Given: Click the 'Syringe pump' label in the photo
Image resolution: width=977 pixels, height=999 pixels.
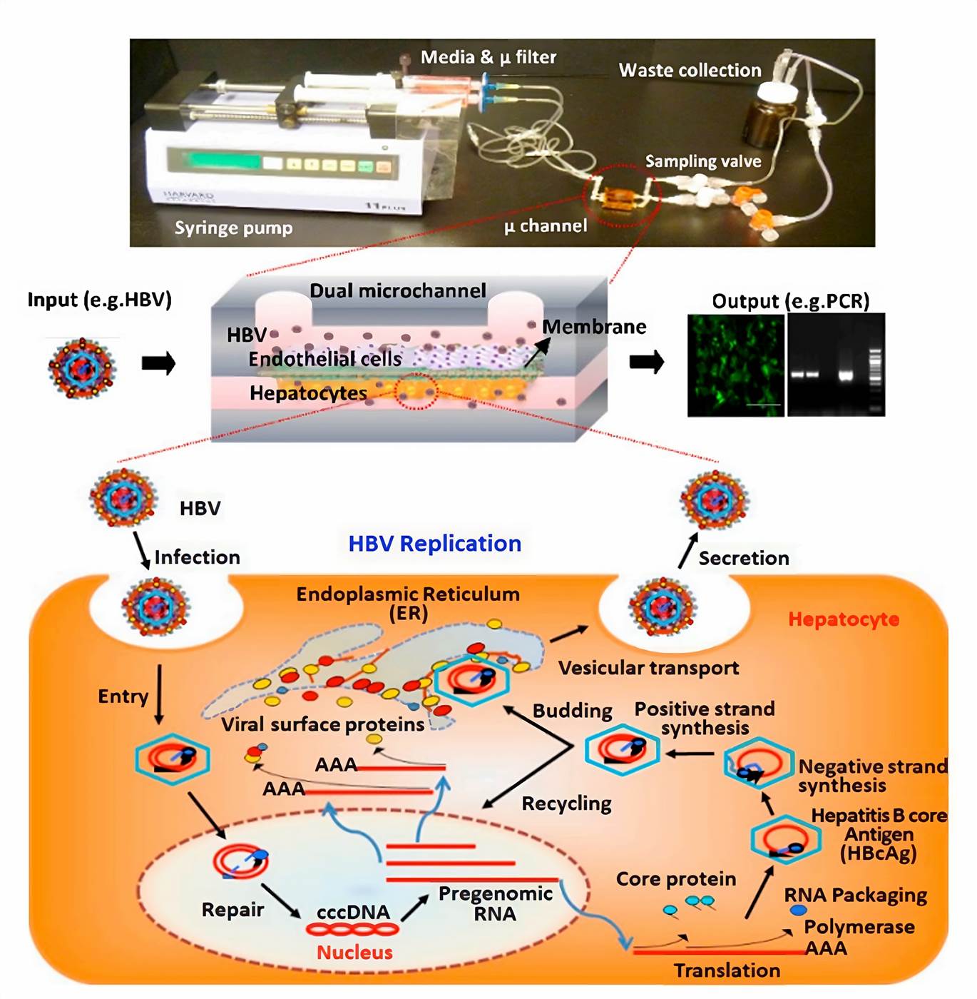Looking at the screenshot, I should (x=233, y=228).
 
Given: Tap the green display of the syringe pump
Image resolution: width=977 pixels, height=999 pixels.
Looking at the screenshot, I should (x=214, y=160).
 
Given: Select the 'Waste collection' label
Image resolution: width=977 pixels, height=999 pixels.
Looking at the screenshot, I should (x=690, y=71).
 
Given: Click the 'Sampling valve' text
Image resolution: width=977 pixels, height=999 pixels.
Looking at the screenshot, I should (x=702, y=162).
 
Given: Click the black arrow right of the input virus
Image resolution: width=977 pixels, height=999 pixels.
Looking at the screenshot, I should (x=158, y=364).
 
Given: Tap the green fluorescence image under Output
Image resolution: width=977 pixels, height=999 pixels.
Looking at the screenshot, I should (x=735, y=365).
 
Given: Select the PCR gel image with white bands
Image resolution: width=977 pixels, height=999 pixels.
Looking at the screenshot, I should (x=837, y=365).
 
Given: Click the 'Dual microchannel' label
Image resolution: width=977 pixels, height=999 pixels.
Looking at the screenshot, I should (x=397, y=291).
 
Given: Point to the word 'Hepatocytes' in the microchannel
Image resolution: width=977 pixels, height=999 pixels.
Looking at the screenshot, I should (x=308, y=393).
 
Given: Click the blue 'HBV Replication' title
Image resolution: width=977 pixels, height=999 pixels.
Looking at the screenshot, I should (x=434, y=544).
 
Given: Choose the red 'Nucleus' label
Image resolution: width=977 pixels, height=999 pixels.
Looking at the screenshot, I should (x=354, y=953).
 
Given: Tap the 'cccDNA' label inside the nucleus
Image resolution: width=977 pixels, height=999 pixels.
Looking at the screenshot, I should (x=353, y=913).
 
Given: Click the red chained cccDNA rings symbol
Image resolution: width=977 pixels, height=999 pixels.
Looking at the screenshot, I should (x=352, y=929).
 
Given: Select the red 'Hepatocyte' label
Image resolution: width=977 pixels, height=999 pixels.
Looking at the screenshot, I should (x=843, y=619).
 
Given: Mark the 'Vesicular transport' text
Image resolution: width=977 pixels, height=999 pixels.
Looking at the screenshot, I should (x=648, y=668).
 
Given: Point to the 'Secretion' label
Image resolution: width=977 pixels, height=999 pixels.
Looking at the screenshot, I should (x=743, y=558).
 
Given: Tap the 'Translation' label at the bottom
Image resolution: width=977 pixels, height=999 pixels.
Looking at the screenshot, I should (x=727, y=970).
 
